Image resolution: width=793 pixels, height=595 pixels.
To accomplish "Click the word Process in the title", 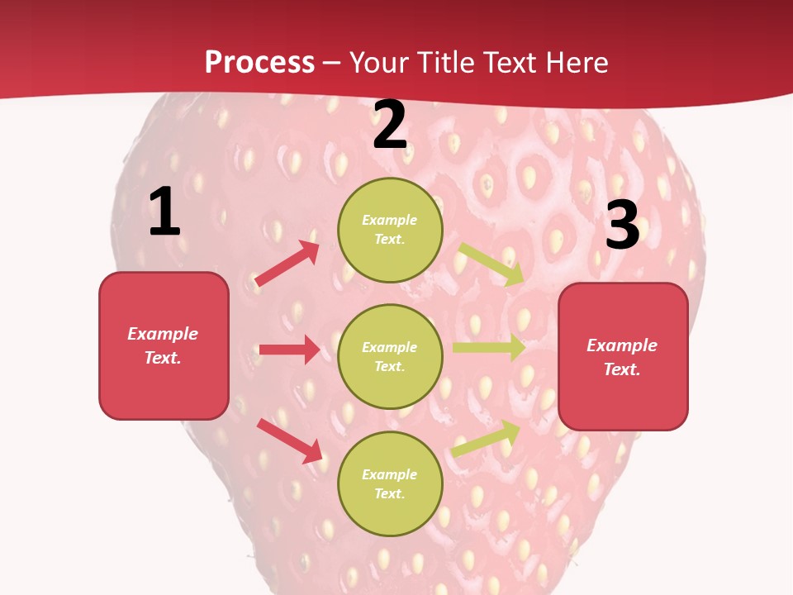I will [259, 63].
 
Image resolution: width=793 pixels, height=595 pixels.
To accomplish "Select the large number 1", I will [164, 212].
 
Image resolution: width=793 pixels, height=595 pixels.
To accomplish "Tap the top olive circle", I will [390, 230].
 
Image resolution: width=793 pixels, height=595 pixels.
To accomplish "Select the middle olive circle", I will [390, 356].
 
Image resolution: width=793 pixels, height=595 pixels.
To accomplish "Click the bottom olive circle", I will [390, 483].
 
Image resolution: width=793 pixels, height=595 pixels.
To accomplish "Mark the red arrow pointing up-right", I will [287, 264].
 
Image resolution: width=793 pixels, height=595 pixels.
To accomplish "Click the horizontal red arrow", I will [289, 350].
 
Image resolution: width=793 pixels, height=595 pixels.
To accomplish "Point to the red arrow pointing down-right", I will [290, 440].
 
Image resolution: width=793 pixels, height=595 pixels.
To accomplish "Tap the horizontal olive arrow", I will [489, 347].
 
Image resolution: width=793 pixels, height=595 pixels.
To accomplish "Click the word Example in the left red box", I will [163, 334].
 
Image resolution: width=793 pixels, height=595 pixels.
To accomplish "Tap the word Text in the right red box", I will [621, 369].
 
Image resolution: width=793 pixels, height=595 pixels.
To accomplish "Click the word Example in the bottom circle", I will [390, 474].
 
